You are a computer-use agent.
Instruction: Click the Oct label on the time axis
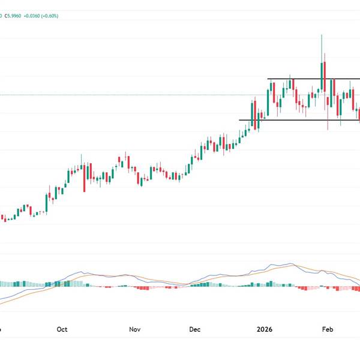pos(62,329)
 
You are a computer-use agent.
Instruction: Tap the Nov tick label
pos(134,329)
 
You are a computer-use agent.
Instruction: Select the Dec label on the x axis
pos(196,329)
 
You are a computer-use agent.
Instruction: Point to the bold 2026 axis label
pos(265,329)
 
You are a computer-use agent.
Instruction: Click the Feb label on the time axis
pos(328,329)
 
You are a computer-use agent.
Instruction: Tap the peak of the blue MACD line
pos(292,264)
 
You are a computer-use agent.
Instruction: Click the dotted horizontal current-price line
pos(120,95)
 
